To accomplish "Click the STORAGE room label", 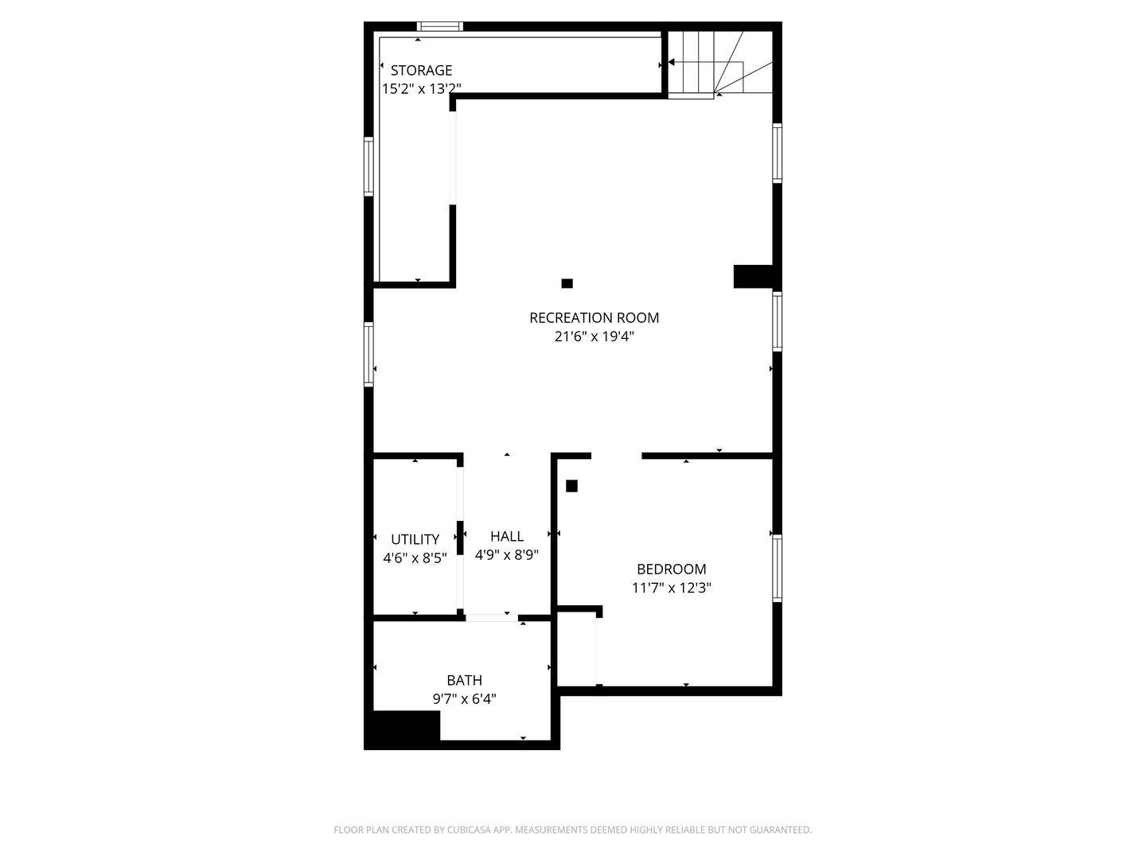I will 421,71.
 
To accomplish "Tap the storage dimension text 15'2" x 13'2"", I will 421,89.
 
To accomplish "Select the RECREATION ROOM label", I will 594,318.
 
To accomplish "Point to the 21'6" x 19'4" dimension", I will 594,336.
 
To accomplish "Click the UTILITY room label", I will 415,539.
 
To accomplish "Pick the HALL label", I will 507,536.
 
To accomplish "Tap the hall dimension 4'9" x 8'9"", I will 507,555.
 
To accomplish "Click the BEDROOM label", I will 671,569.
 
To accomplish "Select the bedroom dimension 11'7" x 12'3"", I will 671,589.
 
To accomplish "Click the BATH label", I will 464,681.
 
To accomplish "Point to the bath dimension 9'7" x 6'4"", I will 464,699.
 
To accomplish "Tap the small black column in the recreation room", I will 567,283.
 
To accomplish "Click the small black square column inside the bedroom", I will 571,486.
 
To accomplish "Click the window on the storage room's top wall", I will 440,26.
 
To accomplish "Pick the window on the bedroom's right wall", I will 778,568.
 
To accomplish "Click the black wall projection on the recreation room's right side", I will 752,276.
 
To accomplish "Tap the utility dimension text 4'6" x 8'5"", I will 415,558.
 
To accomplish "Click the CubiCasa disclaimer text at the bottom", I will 572,830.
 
